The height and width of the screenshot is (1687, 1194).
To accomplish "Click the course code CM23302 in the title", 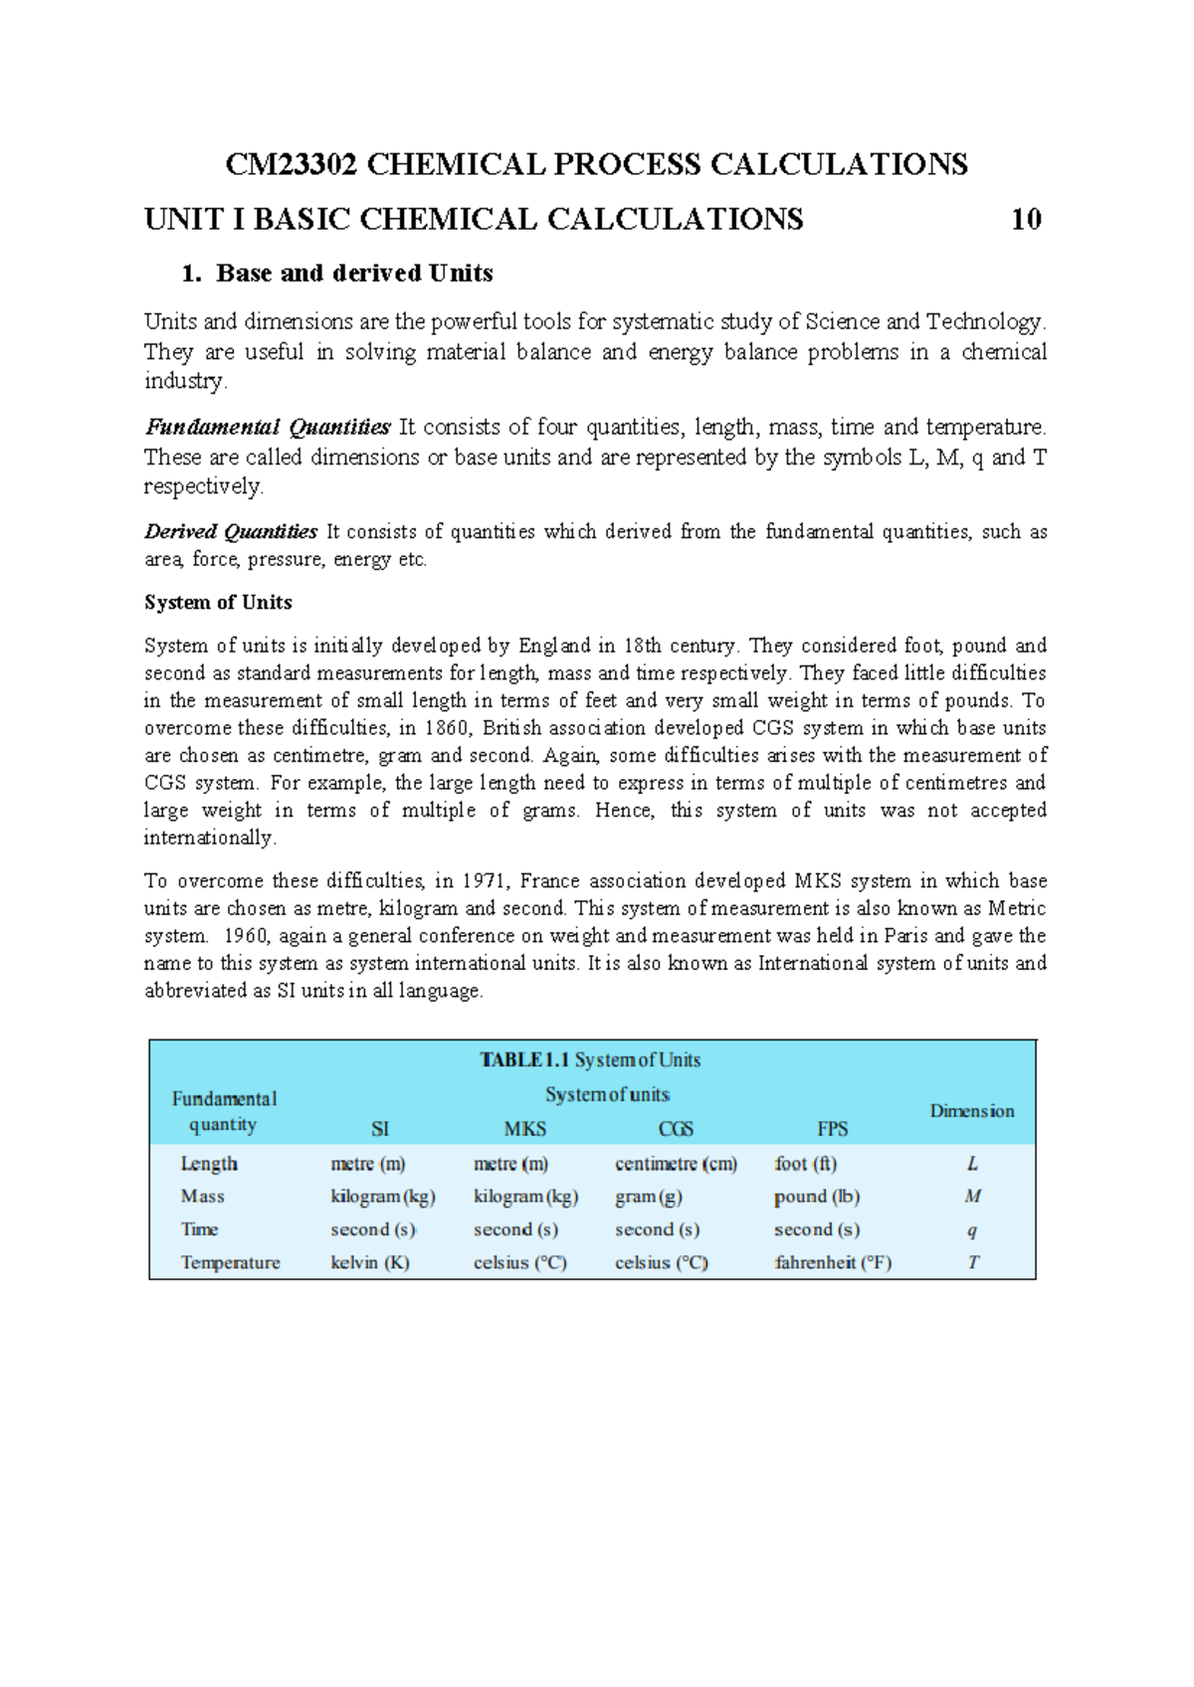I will [292, 164].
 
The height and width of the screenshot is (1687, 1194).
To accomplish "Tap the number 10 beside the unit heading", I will [1026, 219].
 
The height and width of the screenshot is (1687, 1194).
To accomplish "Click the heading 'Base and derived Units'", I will [353, 274].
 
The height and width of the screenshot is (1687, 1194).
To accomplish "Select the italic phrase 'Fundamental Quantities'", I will [268, 428].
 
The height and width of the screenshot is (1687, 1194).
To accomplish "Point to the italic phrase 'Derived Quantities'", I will [231, 532].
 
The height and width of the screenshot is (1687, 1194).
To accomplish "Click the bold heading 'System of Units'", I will [218, 603].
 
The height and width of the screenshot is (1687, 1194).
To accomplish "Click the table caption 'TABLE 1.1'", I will [524, 1060].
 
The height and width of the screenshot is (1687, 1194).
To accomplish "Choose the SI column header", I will [379, 1129].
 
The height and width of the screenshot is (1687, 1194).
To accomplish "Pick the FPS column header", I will [832, 1129].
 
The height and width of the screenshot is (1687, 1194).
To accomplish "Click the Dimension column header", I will [971, 1111].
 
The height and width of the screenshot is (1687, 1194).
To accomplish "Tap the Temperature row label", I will [230, 1262].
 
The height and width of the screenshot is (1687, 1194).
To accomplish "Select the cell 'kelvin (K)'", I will [369, 1262].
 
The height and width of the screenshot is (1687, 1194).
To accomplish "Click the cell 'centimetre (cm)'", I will [676, 1164].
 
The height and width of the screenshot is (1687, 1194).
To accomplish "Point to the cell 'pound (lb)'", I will [816, 1197].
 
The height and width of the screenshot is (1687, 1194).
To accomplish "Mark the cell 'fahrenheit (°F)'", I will [832, 1262].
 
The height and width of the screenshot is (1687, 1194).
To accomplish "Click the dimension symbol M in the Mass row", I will [972, 1197].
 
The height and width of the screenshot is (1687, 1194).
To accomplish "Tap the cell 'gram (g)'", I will [648, 1197].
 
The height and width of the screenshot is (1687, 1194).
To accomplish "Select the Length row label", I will [209, 1164].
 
